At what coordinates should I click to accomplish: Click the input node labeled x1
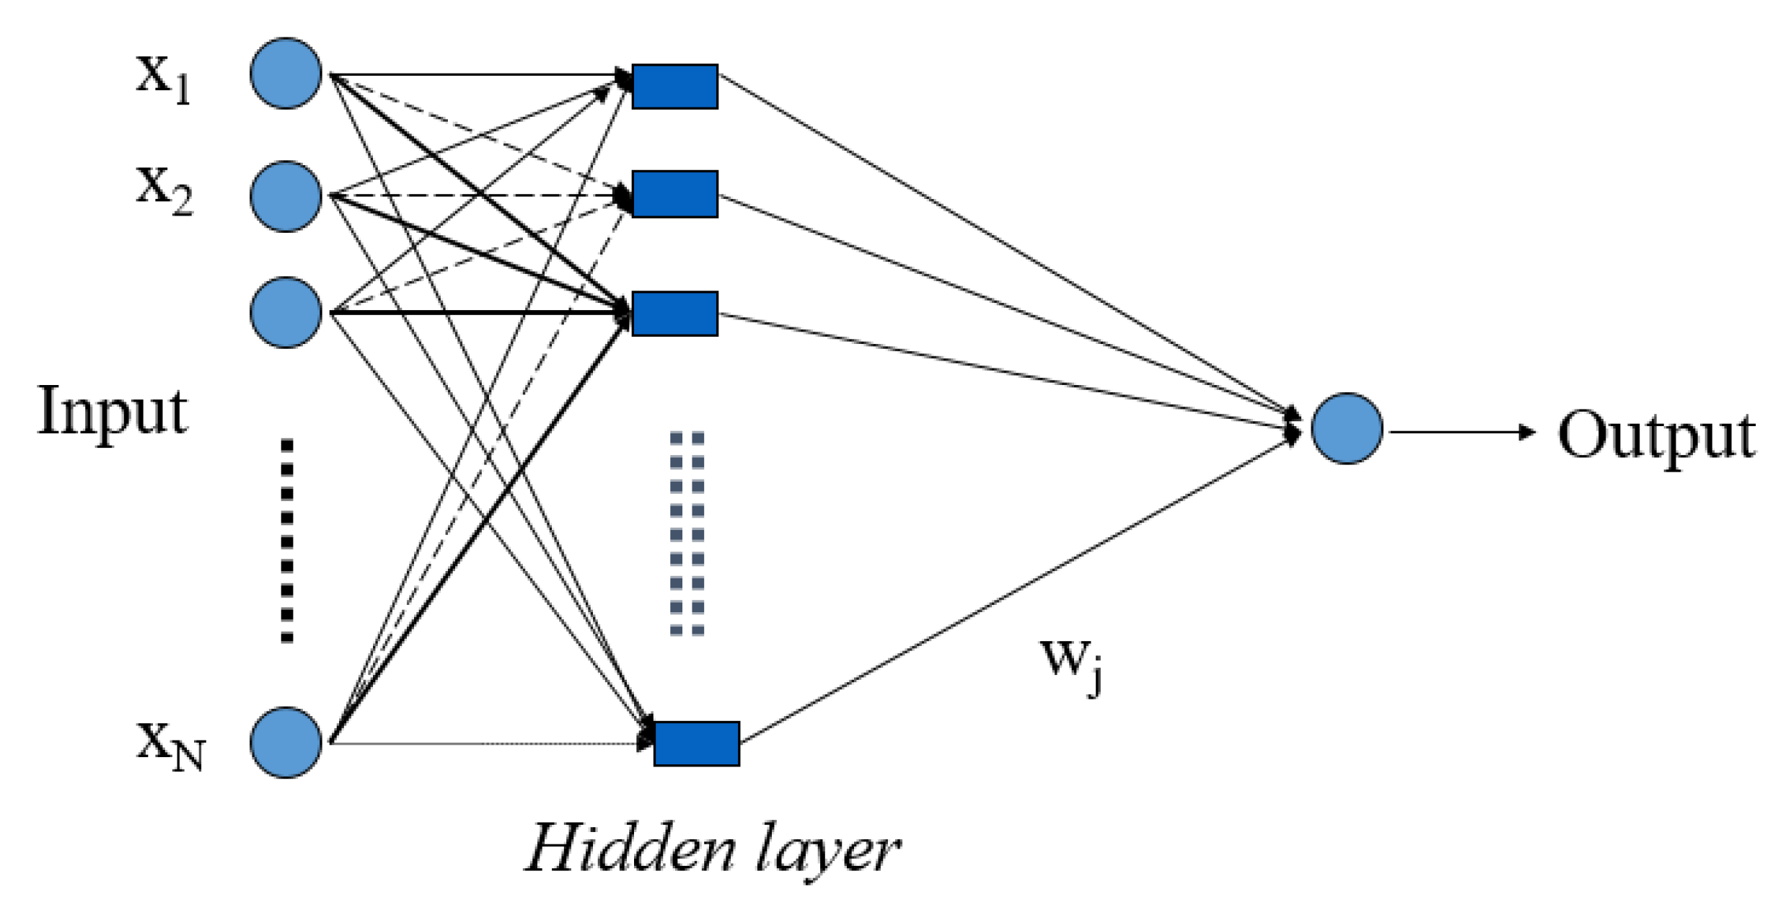coord(286,74)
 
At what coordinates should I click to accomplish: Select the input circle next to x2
coord(286,196)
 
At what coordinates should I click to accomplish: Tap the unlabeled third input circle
coord(286,312)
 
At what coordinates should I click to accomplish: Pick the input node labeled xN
coord(286,742)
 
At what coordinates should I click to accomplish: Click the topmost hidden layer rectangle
coord(674,87)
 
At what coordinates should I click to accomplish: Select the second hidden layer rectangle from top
coord(674,194)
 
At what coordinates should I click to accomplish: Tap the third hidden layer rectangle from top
coord(674,314)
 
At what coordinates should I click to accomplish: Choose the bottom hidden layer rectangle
coord(696,743)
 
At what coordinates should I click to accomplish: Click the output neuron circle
coord(1346,428)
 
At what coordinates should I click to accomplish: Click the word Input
coord(113,411)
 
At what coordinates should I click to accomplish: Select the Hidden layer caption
coord(712,850)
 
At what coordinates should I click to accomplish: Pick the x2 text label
coord(165,189)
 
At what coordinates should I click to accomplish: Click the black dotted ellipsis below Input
coord(286,540)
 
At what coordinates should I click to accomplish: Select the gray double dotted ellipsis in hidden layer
coord(687,534)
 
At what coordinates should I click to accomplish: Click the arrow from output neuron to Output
coord(1461,432)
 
